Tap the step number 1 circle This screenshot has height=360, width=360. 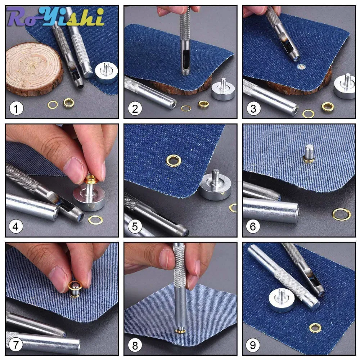tap(16, 108)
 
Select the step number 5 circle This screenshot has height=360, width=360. tap(135, 226)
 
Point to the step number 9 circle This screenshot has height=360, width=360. tap(253, 345)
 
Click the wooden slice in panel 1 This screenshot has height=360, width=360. tap(34, 68)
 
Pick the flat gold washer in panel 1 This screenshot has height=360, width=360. tap(53, 105)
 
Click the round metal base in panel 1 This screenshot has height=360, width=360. tap(106, 72)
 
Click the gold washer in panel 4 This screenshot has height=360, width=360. tap(95, 220)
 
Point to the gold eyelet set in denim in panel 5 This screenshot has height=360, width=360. tap(174, 160)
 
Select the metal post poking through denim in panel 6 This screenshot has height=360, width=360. tap(309, 152)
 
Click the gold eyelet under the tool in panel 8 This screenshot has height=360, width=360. tap(181, 331)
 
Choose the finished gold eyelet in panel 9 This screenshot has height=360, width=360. tap(315, 328)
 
